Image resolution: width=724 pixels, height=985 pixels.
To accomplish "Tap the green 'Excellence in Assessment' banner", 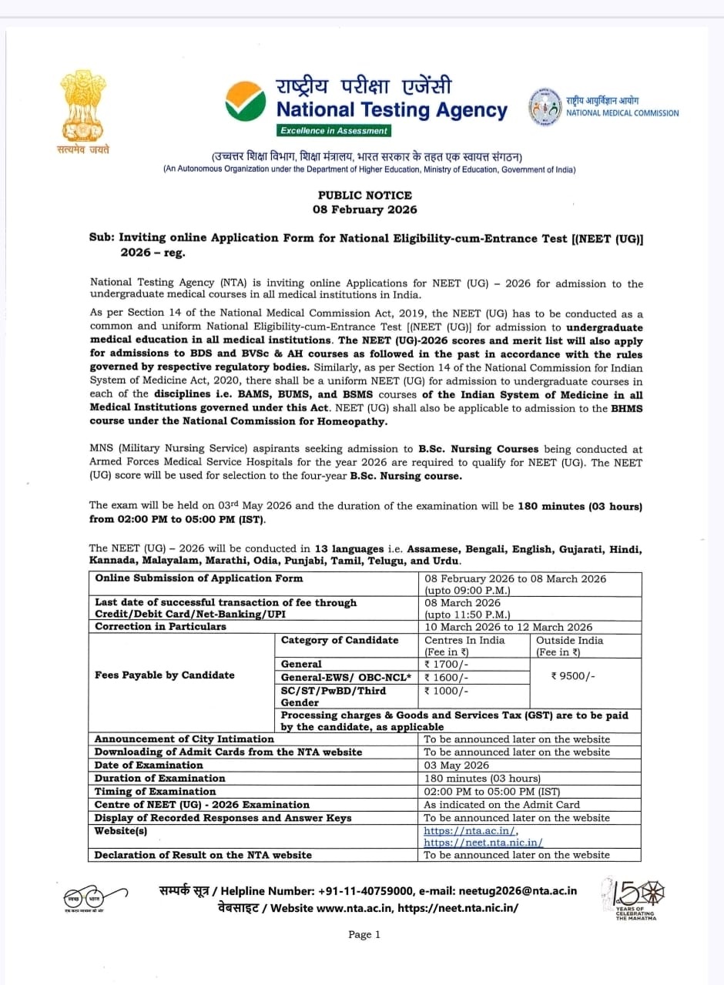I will (334, 131).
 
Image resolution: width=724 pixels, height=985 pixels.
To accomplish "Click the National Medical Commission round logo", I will (545, 107).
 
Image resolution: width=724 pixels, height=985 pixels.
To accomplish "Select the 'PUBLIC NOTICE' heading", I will (365, 196).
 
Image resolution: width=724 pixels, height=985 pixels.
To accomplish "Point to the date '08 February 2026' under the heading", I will (365, 209).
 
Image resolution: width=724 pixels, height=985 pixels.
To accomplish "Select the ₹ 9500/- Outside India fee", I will (573, 676).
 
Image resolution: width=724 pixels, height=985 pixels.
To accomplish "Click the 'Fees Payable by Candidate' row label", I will (164, 675).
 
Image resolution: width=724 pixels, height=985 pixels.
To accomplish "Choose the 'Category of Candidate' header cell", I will (340, 641).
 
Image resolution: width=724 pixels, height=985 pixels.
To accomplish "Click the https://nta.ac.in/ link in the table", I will (471, 832).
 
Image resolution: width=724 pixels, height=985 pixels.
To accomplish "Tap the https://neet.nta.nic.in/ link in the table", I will (483, 843).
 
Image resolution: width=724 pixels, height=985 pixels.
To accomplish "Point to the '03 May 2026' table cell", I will (457, 766).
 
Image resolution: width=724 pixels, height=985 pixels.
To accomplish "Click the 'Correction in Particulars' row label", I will (160, 627).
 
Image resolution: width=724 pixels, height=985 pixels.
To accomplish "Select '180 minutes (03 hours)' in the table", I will (482, 779).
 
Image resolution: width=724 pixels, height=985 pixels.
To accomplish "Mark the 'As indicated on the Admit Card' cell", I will (501, 805).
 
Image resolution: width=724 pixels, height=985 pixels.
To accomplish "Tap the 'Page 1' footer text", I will (364, 935).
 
